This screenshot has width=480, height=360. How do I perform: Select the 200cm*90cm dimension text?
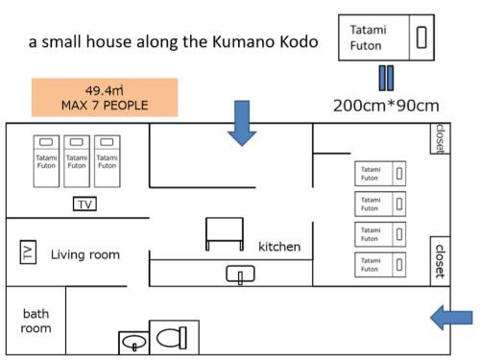coord(386,105)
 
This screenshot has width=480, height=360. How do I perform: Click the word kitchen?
coord(279,247)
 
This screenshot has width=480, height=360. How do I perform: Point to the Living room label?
coord(85,254)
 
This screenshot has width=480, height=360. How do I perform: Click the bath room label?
coord(36,321)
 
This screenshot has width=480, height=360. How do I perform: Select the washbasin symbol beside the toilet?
coord(133,342)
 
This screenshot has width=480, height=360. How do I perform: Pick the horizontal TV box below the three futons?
coord(84,204)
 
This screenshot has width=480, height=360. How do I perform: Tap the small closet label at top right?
coord(439,138)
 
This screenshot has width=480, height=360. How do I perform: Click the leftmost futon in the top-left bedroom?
coord(47,159)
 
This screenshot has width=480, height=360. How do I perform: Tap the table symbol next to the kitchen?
coord(224,232)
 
